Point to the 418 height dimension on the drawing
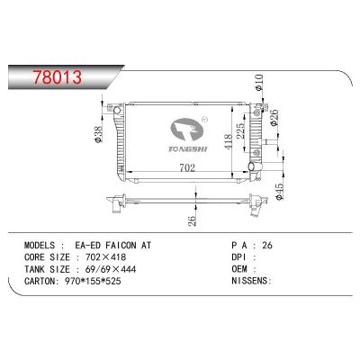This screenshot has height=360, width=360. [x=230, y=139]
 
